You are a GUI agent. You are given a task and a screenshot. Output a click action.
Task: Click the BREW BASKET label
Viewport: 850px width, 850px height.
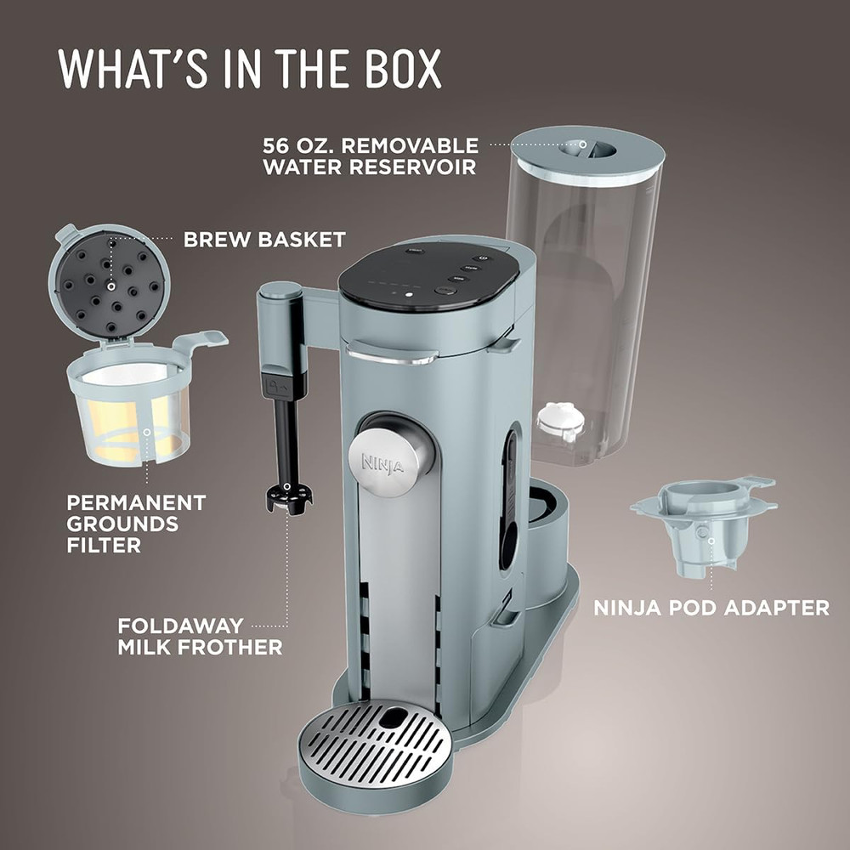[x=264, y=240]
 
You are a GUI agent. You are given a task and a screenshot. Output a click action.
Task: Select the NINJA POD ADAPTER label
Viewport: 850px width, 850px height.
[x=711, y=608]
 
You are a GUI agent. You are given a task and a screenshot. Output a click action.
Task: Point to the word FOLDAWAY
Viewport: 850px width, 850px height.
[x=180, y=626]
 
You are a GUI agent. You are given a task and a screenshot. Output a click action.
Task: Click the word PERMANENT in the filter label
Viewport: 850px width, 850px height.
[x=136, y=502]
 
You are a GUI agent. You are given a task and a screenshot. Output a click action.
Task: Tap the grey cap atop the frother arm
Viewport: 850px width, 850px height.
[x=280, y=291]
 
